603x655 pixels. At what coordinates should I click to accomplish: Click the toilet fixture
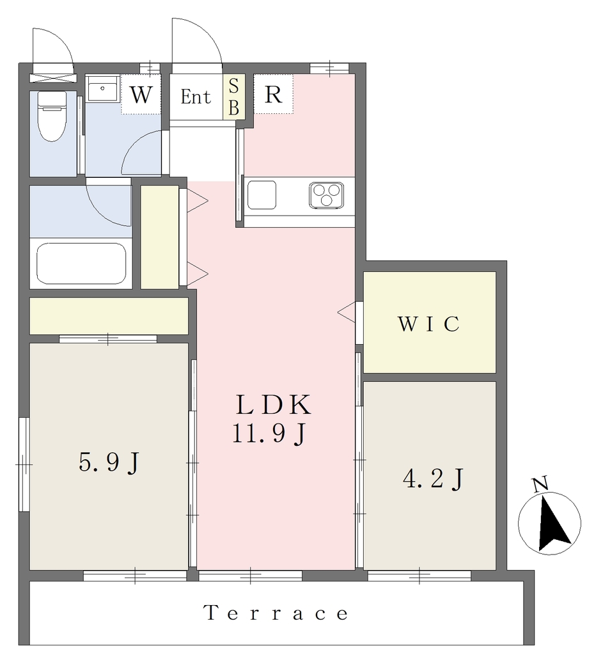52,116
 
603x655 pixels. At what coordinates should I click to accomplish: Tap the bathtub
81,264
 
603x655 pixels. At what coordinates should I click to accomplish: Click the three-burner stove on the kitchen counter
327,195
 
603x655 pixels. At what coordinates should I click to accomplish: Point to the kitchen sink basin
262,195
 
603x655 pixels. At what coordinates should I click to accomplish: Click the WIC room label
429,324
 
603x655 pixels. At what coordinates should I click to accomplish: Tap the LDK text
274,405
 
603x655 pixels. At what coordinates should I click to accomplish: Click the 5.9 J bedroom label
109,462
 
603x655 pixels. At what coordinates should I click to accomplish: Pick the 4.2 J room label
433,478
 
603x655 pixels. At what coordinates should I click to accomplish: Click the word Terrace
276,613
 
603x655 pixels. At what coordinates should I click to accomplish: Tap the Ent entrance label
196,97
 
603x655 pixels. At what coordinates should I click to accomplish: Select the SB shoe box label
234,97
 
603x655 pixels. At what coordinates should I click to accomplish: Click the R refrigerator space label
274,95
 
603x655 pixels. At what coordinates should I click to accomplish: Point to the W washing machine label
141,95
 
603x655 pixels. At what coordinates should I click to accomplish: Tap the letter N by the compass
540,485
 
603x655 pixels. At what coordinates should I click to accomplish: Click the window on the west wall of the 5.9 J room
24,464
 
